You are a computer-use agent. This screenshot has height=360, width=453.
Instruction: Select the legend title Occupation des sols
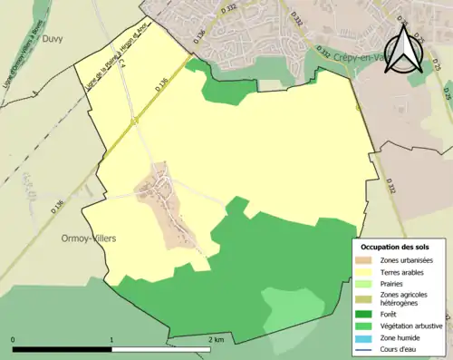tap(395, 247)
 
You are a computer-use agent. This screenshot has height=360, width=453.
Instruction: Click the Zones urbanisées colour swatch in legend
tap(367, 260)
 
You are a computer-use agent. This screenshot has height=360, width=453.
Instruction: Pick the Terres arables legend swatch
tap(367, 271)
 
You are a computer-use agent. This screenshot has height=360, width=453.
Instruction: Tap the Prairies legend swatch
tap(367, 283)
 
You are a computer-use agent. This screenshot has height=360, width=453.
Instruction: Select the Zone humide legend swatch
tap(367, 337)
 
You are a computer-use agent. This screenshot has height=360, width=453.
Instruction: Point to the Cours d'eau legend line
tap(367, 348)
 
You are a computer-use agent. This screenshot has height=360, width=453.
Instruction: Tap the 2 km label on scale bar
tap(216, 339)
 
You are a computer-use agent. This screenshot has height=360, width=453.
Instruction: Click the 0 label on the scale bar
tap(13, 339)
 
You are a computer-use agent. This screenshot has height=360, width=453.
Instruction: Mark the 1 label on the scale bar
tap(111, 339)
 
